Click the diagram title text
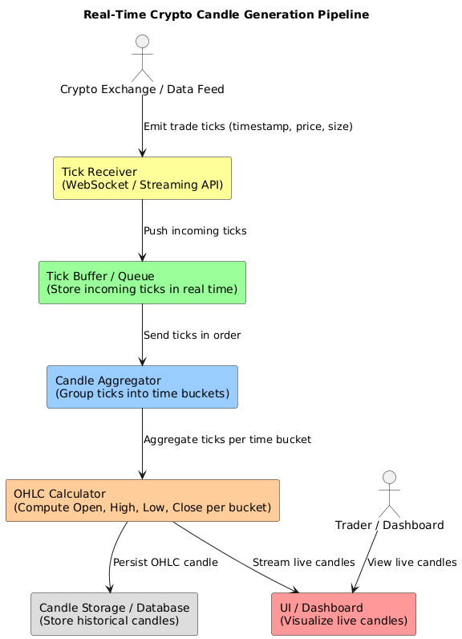click(230, 14)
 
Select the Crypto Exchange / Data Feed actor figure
click(142, 54)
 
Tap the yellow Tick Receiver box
click(142, 178)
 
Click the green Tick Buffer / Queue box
click(142, 283)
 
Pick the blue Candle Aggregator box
click(142, 387)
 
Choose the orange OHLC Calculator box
click(142, 501)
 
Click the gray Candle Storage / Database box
click(114, 614)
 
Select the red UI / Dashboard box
click(344, 614)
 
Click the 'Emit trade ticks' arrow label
click(248, 127)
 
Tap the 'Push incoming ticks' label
click(195, 231)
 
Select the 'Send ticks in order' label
click(192, 335)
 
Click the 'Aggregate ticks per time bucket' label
click(227, 440)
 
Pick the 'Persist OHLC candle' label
click(165, 563)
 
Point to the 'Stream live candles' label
click(303, 563)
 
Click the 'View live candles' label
click(411, 563)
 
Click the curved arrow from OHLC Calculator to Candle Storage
click(111, 562)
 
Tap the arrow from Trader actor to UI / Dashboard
click(371, 562)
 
